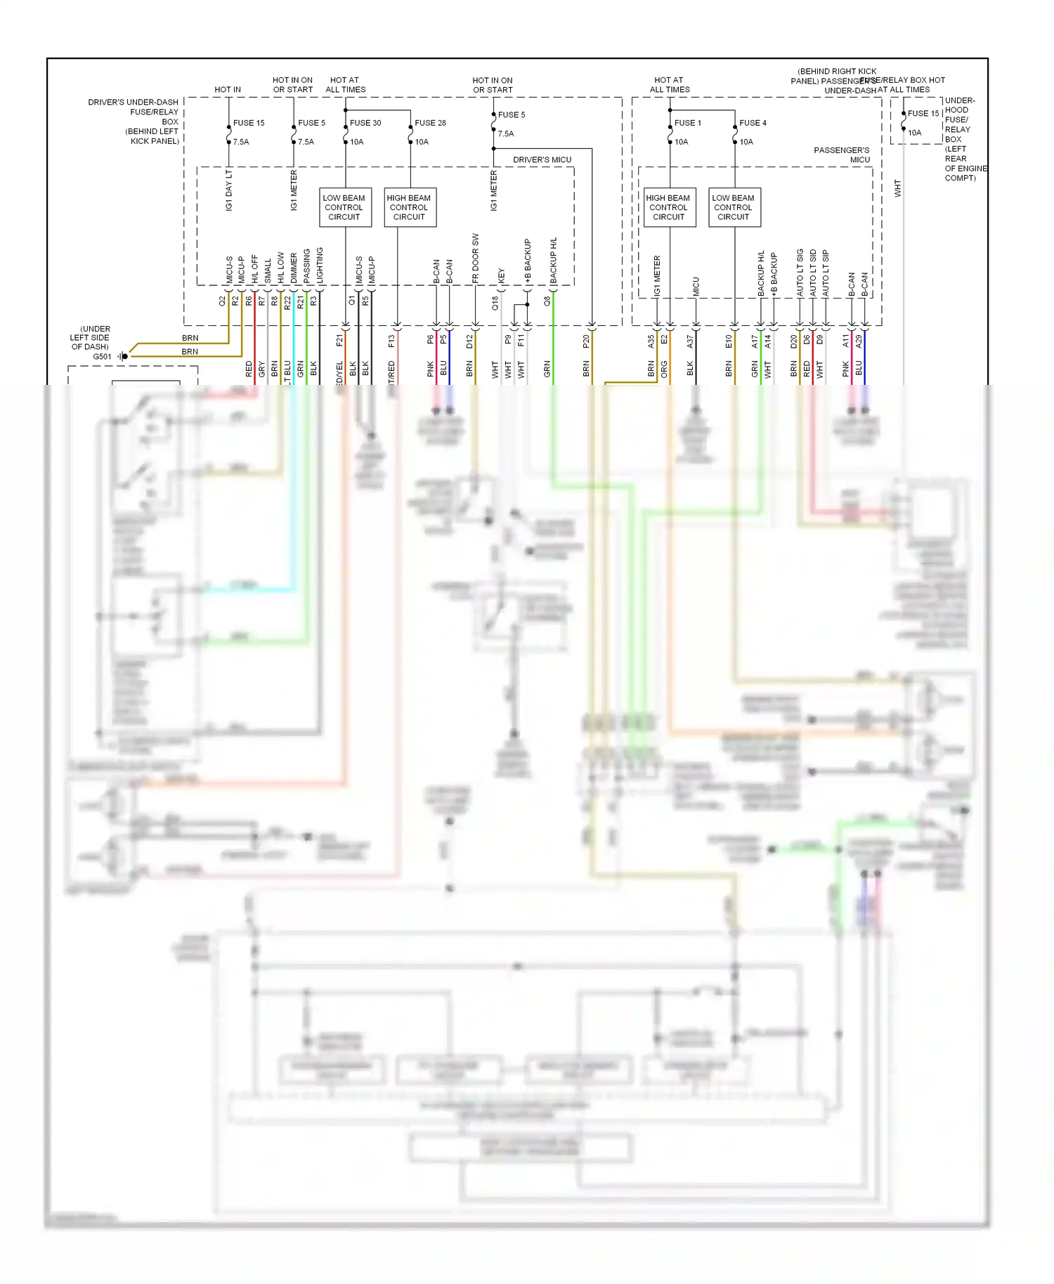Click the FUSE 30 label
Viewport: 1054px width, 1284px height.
[x=365, y=123]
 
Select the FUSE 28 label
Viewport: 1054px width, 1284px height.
[x=430, y=123]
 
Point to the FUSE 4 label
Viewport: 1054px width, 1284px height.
[x=753, y=123]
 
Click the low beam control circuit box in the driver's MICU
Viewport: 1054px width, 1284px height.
[x=344, y=207]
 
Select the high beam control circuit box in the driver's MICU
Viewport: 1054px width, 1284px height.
[x=409, y=207]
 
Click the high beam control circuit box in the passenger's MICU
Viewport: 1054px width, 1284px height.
[x=668, y=207]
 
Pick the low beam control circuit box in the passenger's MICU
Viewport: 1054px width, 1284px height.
[x=733, y=207]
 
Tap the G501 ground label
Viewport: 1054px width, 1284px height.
[x=102, y=356]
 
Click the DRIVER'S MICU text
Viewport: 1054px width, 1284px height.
[x=542, y=159]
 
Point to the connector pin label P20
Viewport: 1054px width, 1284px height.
[x=586, y=341]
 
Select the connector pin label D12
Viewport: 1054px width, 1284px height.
[x=469, y=341]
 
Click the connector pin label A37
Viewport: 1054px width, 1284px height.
[x=690, y=341]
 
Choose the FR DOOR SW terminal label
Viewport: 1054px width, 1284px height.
[x=476, y=258]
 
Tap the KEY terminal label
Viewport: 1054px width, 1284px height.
[x=502, y=275]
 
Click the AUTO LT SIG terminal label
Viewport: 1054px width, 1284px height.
[x=800, y=271]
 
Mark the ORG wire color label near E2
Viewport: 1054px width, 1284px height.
[x=664, y=369]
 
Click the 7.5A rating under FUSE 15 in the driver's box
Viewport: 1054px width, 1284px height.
[x=241, y=142]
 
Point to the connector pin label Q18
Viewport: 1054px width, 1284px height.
[x=495, y=302]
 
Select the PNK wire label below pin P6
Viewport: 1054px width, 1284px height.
[x=430, y=369]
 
